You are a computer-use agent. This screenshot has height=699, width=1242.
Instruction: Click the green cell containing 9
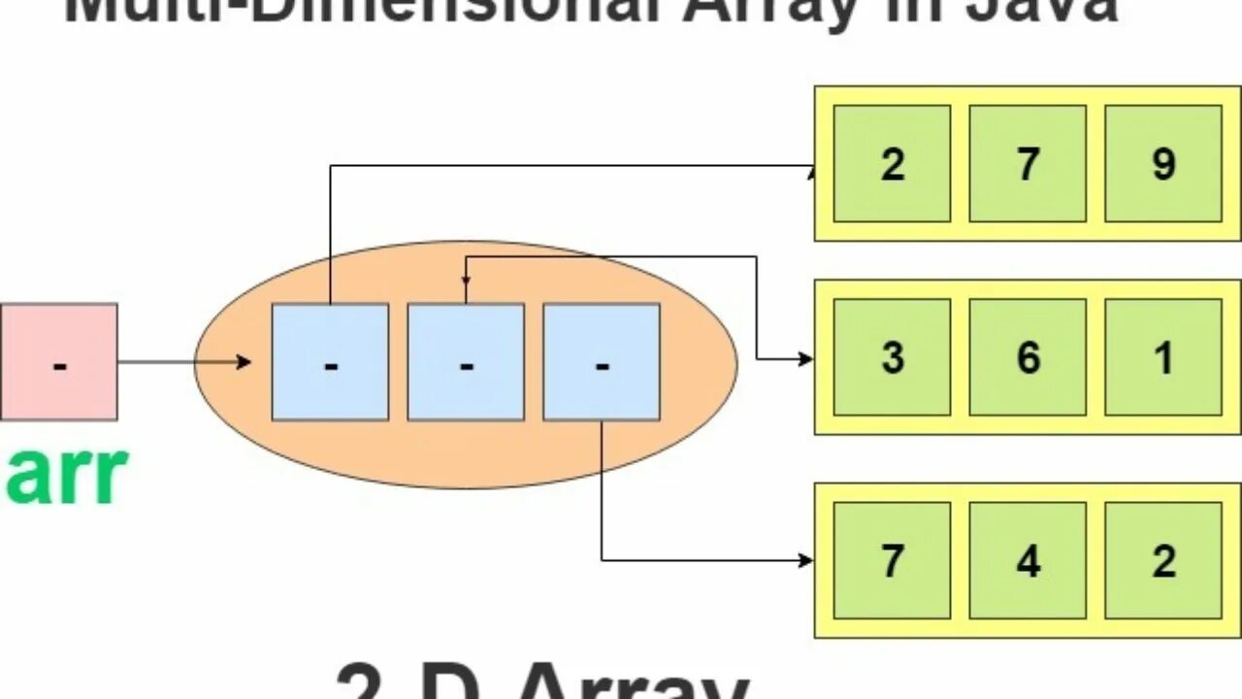pos(1162,163)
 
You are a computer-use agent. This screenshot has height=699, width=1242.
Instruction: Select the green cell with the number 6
pos(1028,357)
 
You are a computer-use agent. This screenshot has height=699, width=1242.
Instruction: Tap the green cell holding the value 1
pos(1162,357)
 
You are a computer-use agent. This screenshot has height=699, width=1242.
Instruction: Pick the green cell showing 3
pos(892,357)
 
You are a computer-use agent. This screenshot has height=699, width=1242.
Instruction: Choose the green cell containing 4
pos(1028,560)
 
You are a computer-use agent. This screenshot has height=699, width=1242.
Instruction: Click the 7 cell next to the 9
pos(1028,163)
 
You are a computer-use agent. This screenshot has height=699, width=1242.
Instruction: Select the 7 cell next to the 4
pos(892,560)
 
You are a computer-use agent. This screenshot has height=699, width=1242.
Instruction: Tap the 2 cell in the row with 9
pos(892,163)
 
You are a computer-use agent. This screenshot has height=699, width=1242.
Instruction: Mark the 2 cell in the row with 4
pos(1162,560)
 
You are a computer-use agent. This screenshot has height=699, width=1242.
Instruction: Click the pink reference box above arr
pos(58,361)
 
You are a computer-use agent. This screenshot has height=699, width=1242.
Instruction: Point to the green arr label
pos(66,476)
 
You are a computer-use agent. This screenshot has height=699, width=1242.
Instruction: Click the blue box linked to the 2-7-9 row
pos(330,361)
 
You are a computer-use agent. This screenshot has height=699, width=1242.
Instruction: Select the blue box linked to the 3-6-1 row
pos(466,361)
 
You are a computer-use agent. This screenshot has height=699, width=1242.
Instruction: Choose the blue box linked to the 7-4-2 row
pos(602,361)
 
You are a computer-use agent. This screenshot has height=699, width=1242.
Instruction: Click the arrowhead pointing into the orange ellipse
pos(245,362)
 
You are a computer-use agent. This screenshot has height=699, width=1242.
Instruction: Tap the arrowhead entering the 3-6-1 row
pos(805,359)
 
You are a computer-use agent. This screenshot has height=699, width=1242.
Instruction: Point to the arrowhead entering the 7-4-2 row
pos(805,560)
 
